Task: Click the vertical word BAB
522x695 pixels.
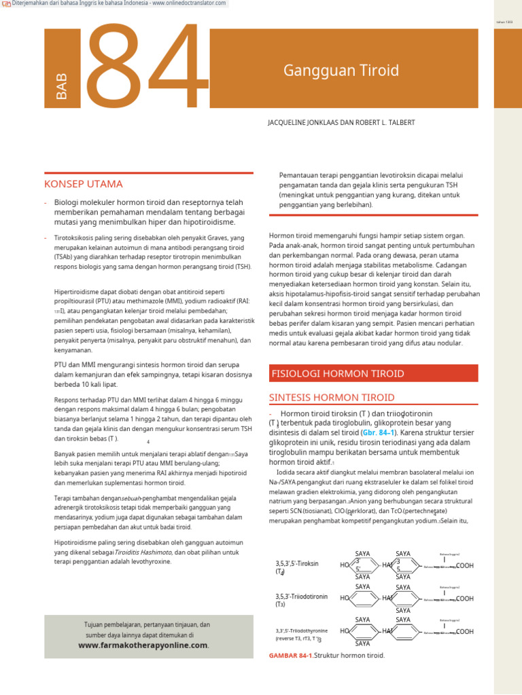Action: coord(63,88)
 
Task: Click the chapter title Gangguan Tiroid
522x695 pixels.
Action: coord(326,70)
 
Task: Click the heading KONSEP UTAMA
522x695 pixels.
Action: coord(84,184)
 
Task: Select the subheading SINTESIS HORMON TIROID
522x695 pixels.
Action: coord(332,397)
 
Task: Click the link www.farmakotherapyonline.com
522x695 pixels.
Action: coord(143,645)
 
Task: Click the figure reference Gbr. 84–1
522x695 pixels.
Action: coord(379,432)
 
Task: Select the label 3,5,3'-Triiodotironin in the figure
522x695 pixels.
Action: coord(301,597)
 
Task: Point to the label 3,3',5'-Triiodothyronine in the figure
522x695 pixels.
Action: coord(301,631)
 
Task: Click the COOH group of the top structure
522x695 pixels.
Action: coord(465,565)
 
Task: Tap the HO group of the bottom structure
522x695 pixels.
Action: coord(345,631)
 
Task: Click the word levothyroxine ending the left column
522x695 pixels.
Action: coord(148,561)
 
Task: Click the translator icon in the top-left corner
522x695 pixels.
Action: coord(6,4)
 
